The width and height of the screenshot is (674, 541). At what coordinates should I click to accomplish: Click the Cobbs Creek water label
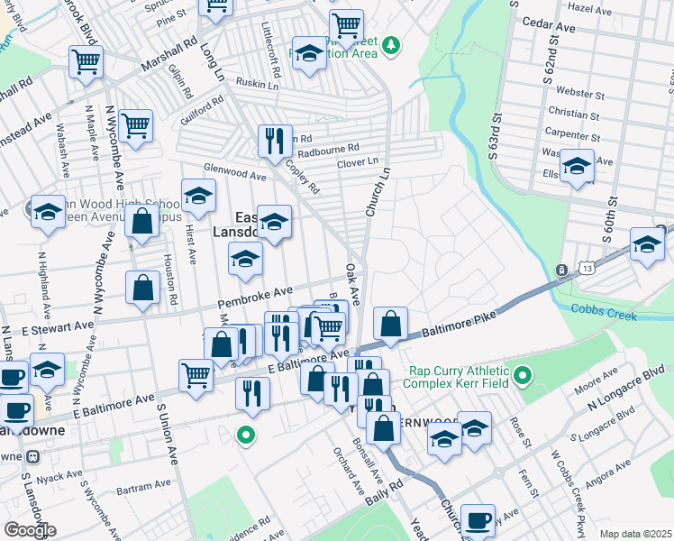(x=604, y=316)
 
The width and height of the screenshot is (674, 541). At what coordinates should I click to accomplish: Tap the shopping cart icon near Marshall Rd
(x=87, y=61)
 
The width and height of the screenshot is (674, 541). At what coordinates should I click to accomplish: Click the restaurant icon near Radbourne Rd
(x=274, y=139)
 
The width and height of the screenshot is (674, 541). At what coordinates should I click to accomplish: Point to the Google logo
(x=30, y=530)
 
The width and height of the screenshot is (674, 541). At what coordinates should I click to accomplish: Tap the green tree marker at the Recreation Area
(x=390, y=43)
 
